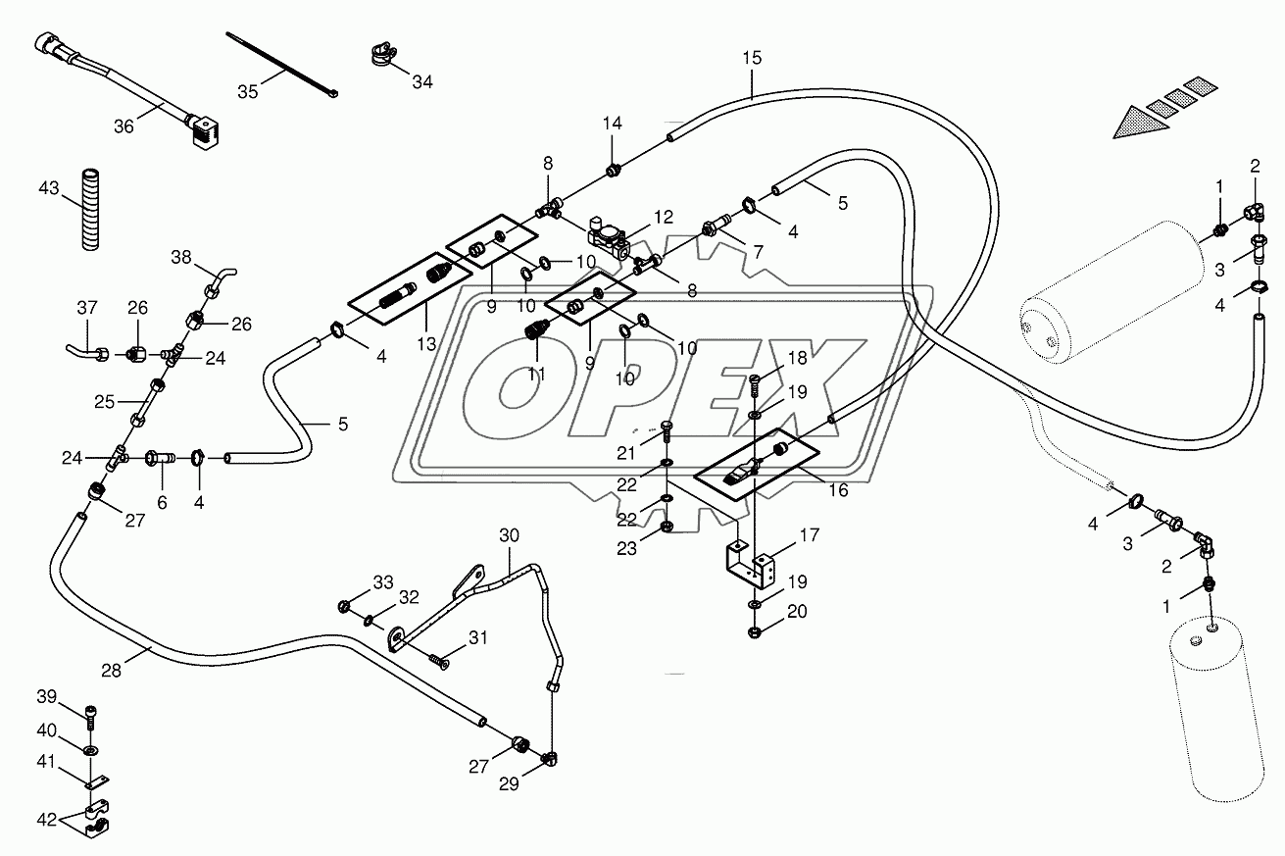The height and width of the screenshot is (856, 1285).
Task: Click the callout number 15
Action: click(752, 58)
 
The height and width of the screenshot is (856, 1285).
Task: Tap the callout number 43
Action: click(49, 188)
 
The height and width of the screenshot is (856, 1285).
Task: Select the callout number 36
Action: click(124, 126)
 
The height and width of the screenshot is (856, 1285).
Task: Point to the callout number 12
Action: click(664, 218)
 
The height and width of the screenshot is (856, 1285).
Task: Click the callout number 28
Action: click(112, 671)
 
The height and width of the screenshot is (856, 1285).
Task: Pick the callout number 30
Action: click(509, 536)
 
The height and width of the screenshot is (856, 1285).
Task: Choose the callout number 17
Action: click(810, 536)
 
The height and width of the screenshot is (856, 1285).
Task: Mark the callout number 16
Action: click(838, 490)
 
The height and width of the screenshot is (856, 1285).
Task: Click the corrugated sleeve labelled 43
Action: click(90, 210)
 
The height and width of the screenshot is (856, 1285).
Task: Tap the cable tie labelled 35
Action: click(281, 66)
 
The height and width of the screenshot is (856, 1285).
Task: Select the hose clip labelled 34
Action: click(381, 53)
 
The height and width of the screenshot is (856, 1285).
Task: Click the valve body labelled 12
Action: click(608, 238)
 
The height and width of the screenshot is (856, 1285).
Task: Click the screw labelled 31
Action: click(440, 661)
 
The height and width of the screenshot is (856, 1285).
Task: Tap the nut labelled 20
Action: click(755, 632)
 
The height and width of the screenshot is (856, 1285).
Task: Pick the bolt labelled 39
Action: click(91, 718)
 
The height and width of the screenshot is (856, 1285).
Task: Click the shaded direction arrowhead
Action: click(1139, 123)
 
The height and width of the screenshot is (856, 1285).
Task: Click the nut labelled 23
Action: click(666, 527)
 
